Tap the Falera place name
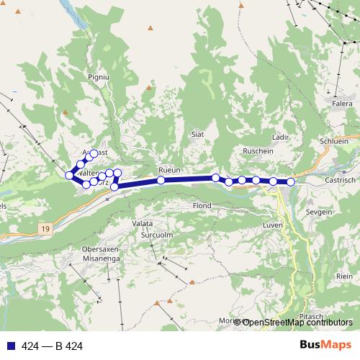(x=341, y=104)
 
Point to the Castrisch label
(x=341, y=180)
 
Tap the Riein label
(x=344, y=276)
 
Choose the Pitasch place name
(x=312, y=316)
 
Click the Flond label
(x=202, y=206)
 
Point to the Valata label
(x=142, y=224)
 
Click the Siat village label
(x=198, y=134)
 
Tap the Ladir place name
(x=281, y=137)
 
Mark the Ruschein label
(x=258, y=152)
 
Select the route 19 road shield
(x=45, y=228)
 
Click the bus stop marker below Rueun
(x=161, y=181)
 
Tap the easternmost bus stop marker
(x=291, y=182)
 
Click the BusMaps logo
(x=326, y=346)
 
